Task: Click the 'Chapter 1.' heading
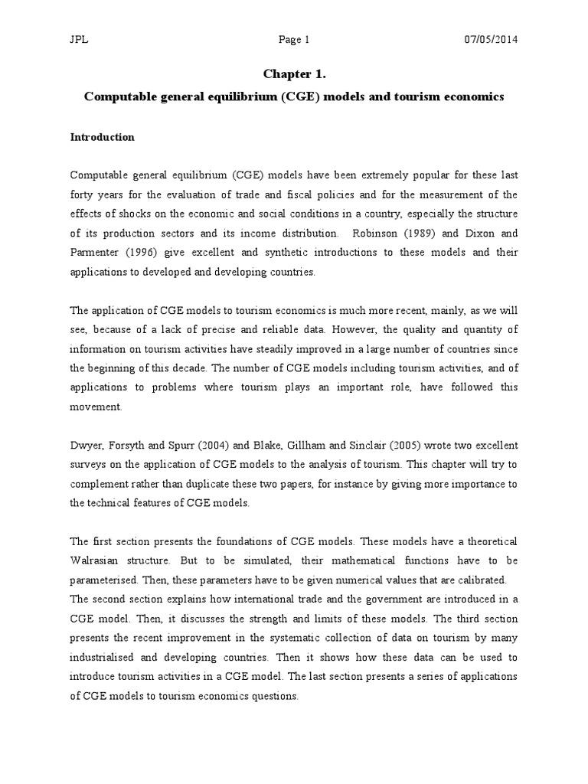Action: pos(293,73)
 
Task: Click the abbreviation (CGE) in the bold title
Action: pos(283,98)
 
